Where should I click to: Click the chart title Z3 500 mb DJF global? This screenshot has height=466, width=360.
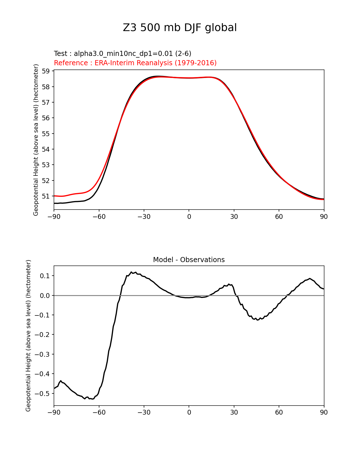click(x=180, y=28)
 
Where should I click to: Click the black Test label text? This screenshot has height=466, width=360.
click(x=123, y=54)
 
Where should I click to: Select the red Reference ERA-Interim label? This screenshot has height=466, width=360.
click(x=135, y=63)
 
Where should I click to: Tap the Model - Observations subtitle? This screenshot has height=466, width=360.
click(x=189, y=260)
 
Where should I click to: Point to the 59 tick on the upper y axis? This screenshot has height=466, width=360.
click(x=46, y=71)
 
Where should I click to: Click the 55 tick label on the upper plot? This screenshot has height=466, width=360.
click(x=46, y=134)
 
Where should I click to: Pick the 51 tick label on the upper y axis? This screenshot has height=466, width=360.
click(x=46, y=196)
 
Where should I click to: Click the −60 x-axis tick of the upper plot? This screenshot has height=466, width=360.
click(x=99, y=217)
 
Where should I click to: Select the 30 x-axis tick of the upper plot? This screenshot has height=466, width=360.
click(x=234, y=217)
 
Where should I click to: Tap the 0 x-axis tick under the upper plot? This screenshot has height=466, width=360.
click(x=189, y=217)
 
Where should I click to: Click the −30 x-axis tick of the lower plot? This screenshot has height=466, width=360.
click(x=144, y=412)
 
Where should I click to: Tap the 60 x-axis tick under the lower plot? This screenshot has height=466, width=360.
click(x=279, y=412)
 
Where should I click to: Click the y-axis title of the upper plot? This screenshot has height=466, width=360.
click(x=36, y=140)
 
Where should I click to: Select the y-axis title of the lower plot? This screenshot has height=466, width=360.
click(x=28, y=336)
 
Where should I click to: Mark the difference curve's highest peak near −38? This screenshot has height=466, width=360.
click(x=131, y=272)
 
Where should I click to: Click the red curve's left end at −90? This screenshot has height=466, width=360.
click(x=54, y=196)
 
